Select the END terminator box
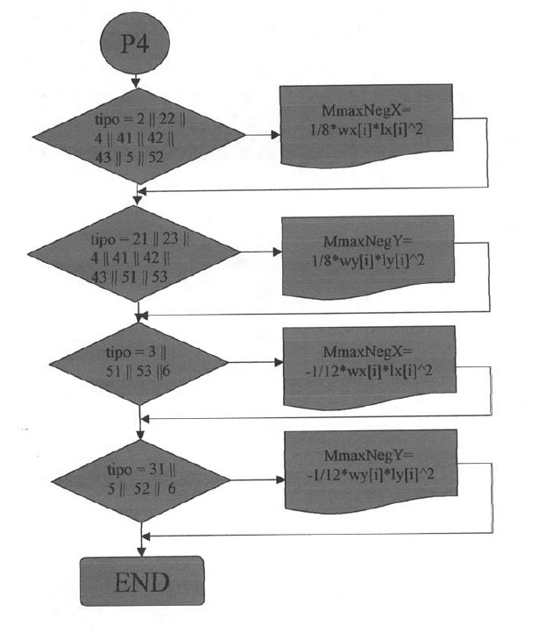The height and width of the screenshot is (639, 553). pos(141,580)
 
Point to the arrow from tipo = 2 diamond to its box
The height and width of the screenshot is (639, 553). pos(259,135)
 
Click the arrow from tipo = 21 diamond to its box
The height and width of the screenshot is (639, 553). pos(259,252)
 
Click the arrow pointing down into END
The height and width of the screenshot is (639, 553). pos(141,544)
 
